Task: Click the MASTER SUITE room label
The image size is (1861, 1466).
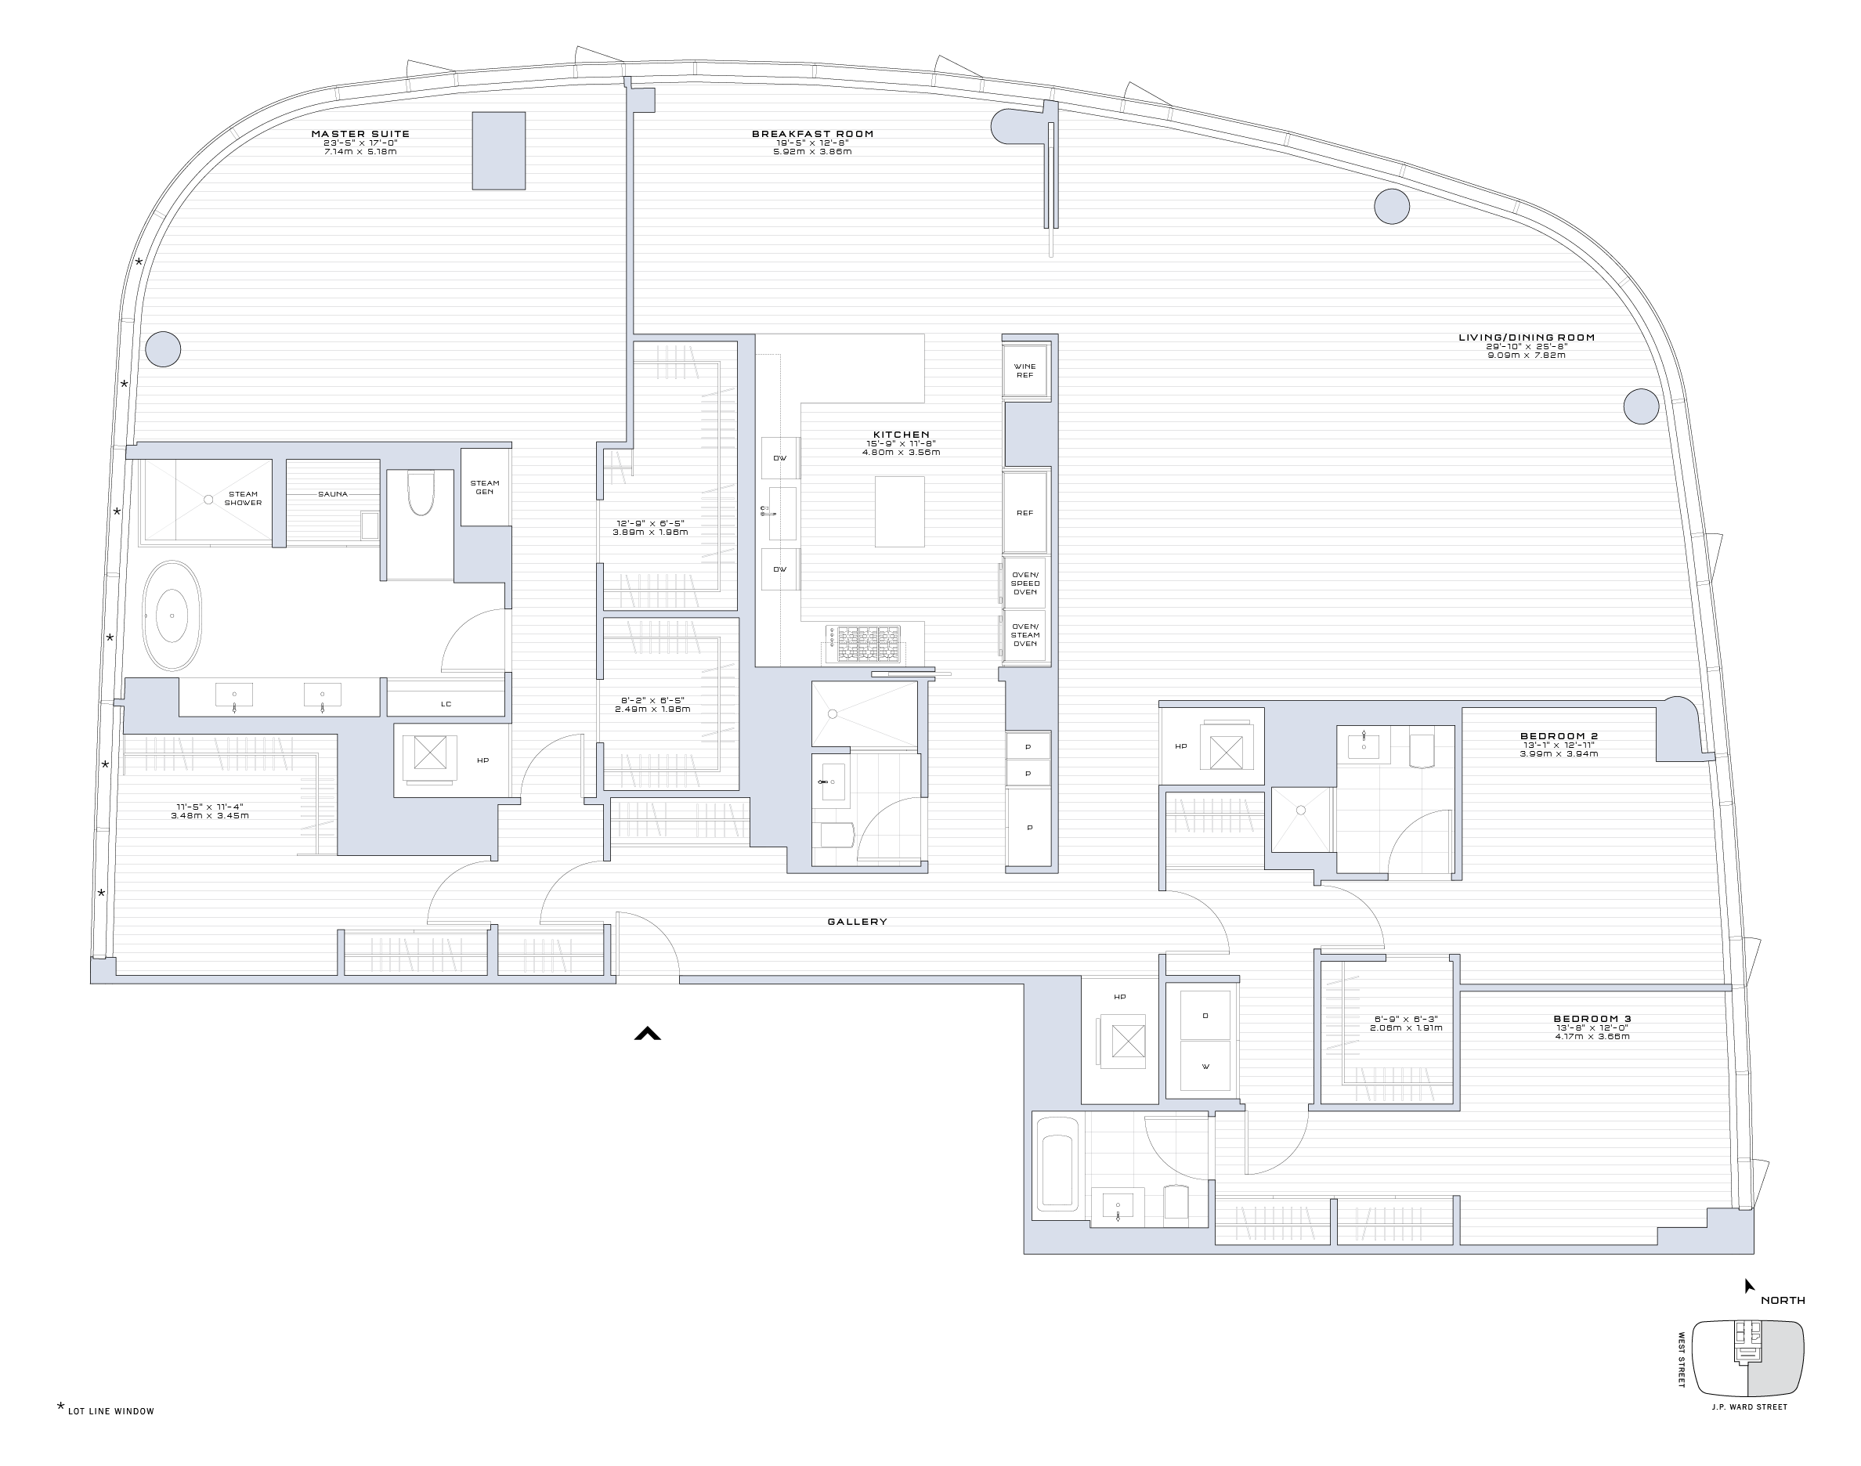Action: coord(360,134)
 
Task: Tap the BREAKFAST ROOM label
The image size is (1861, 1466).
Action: coord(812,134)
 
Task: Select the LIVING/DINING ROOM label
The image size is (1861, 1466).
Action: coord(1527,338)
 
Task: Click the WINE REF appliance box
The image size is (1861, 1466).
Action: coord(1025,370)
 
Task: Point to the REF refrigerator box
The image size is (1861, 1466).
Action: coord(1025,512)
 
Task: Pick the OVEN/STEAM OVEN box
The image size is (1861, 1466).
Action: coord(1025,635)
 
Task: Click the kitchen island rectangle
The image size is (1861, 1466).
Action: coord(900,511)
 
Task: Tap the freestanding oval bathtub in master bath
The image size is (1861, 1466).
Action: coord(172,616)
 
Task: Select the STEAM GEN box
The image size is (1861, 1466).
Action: coord(484,486)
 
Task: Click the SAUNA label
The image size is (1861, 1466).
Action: coord(333,494)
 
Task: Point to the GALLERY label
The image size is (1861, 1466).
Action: coord(857,922)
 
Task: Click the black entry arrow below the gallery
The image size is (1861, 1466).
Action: coord(647,1035)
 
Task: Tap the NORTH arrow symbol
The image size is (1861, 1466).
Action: coord(1748,1286)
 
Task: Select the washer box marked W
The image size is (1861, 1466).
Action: coord(1205,1067)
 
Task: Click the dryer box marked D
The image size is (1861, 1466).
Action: coord(1205,1016)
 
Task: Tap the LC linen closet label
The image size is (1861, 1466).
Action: coord(446,704)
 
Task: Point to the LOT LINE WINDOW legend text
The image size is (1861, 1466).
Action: coord(110,1411)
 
